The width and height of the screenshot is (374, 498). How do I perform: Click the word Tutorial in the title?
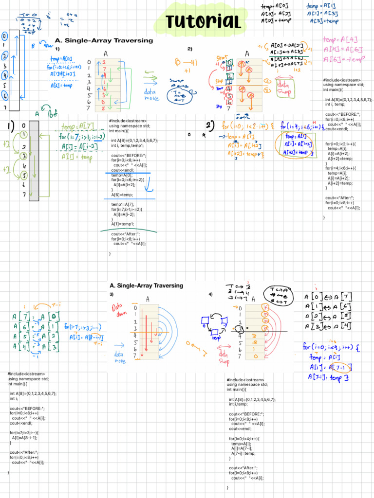click(203, 21)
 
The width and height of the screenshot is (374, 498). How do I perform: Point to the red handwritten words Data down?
click(119, 310)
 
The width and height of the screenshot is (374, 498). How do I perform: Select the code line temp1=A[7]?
click(122, 204)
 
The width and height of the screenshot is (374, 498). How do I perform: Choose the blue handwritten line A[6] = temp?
click(61, 85)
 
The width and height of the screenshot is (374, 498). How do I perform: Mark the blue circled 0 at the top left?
click(4, 36)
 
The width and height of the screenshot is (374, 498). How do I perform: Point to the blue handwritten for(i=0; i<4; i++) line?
click(331, 347)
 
